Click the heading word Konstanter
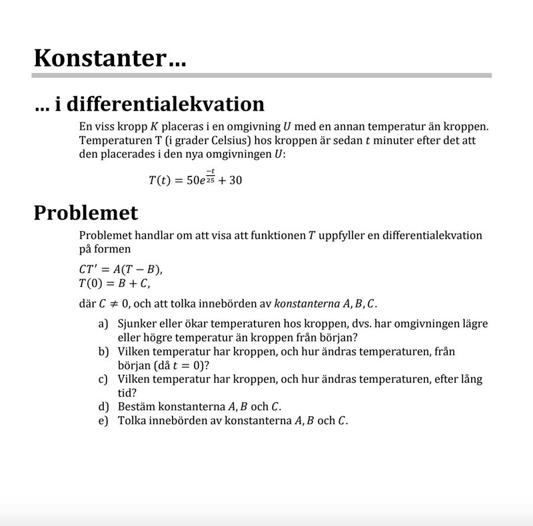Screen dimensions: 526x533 (99, 58)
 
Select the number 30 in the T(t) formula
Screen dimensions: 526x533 (235, 180)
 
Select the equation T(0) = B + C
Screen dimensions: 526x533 (114, 284)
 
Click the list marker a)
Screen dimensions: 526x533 (103, 324)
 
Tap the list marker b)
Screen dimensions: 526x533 (103, 351)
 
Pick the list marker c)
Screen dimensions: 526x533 (103, 379)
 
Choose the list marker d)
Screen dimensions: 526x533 (103, 407)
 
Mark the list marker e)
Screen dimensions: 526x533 (103, 421)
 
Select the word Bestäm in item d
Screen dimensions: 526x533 (136, 407)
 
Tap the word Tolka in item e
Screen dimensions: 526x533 (133, 421)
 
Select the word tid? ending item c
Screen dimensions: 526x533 (127, 393)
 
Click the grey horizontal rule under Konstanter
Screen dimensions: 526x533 (263, 75)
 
